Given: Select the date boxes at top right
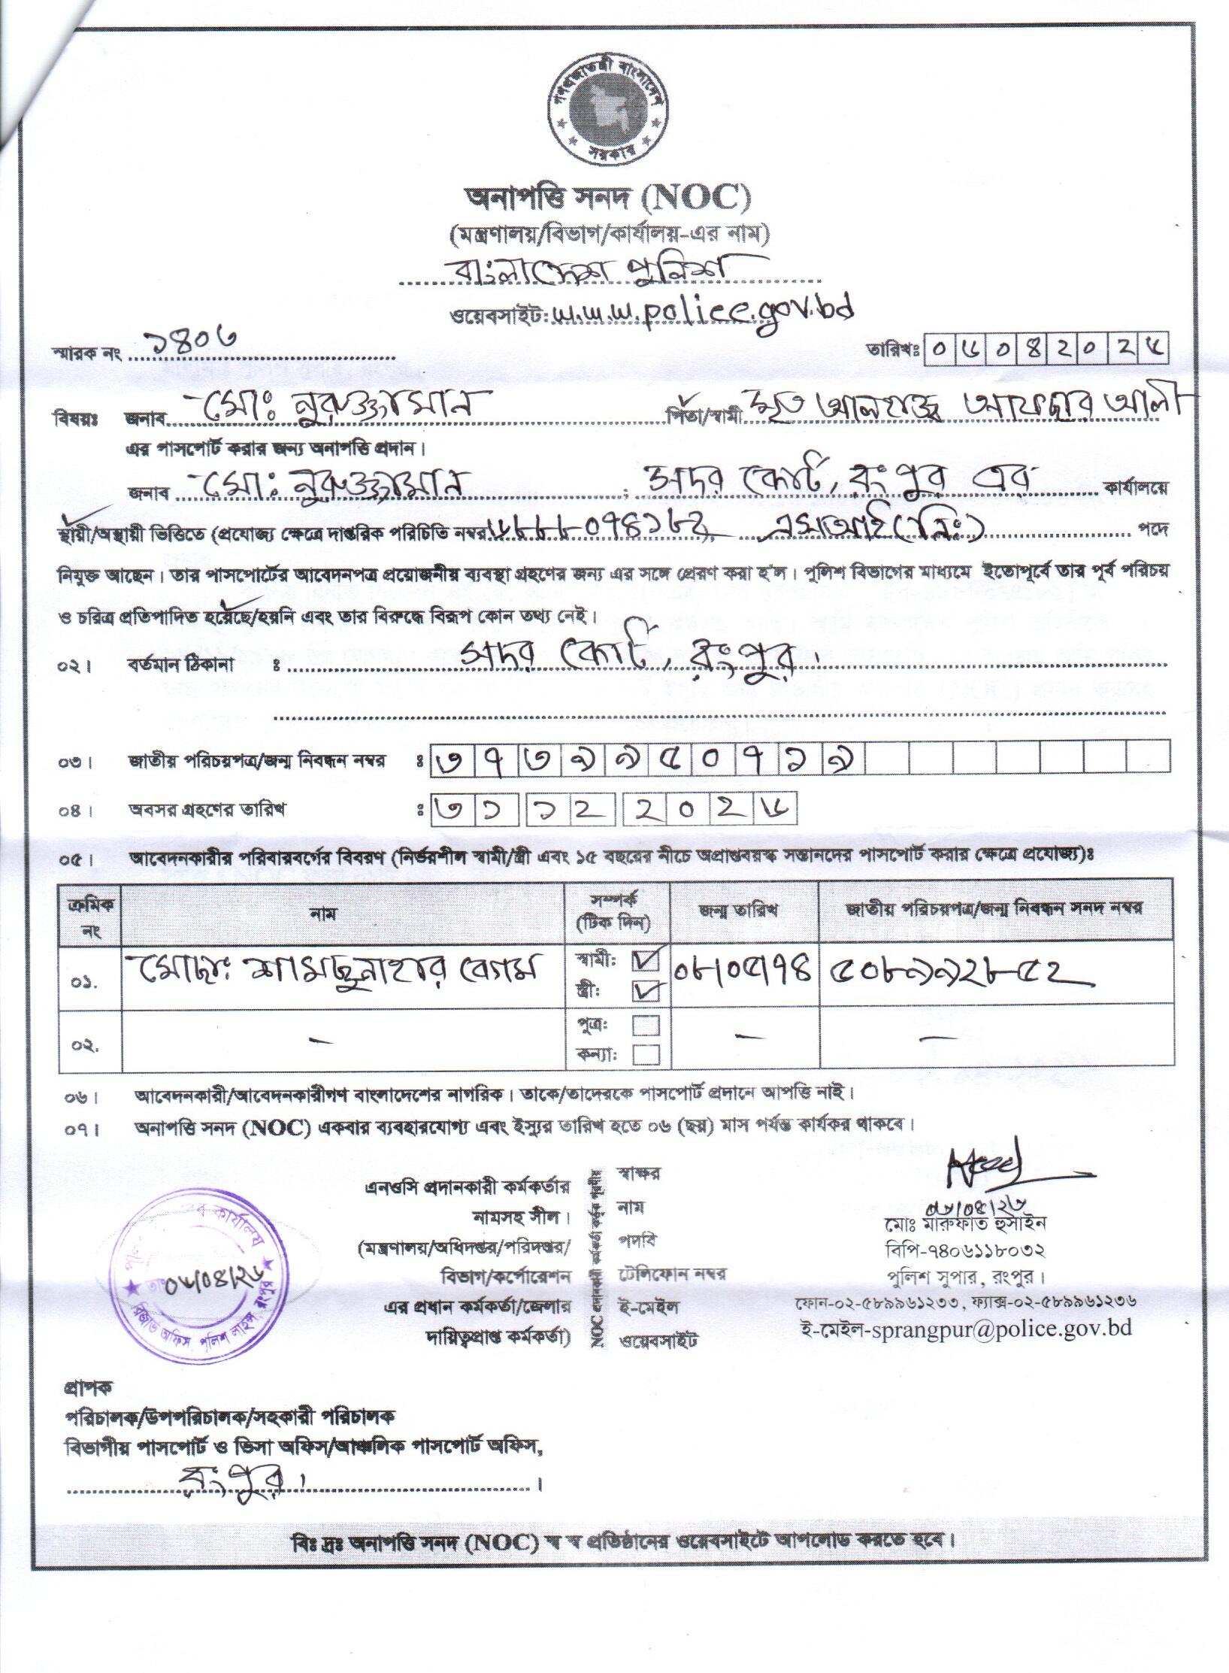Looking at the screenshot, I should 1048,350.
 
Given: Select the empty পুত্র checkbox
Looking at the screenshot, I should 646,1025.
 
